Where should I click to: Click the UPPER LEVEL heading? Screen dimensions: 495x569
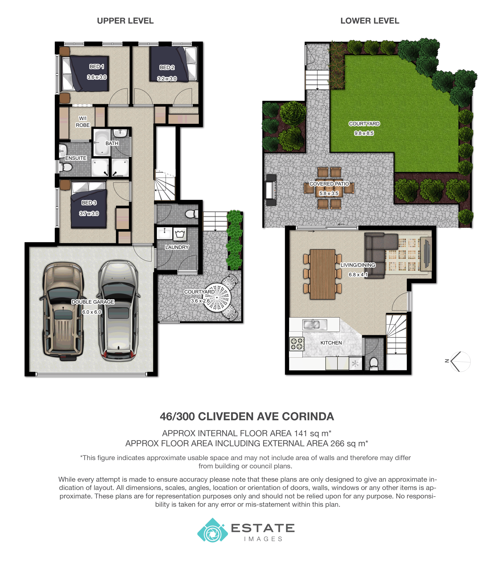click(x=125, y=21)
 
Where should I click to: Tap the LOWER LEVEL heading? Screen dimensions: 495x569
click(x=370, y=21)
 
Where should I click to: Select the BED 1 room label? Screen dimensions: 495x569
click(x=97, y=66)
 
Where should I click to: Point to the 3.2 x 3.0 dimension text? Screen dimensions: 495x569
click(x=167, y=79)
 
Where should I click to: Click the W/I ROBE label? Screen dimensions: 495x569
click(x=82, y=122)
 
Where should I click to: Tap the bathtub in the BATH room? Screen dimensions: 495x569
click(x=102, y=143)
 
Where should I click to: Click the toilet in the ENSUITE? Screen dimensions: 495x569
click(x=66, y=167)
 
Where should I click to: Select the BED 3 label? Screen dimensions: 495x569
click(x=89, y=203)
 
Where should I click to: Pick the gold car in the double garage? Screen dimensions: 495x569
click(x=63, y=312)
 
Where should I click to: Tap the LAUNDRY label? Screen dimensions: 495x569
click(x=177, y=247)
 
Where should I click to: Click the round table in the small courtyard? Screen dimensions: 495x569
click(x=217, y=298)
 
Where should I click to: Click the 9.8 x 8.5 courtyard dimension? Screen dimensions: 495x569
click(x=364, y=133)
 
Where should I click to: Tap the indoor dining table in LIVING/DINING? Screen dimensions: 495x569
click(x=323, y=274)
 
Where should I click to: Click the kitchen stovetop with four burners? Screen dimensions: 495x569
click(x=296, y=344)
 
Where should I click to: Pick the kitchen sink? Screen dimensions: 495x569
click(x=315, y=325)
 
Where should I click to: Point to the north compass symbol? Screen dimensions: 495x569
click(x=459, y=361)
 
